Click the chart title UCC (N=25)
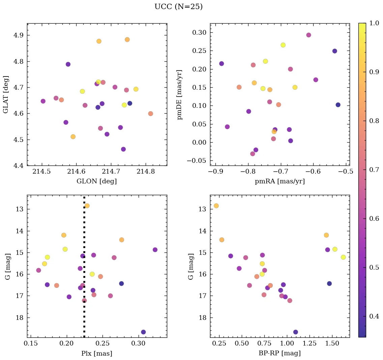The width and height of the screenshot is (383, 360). point(178,7)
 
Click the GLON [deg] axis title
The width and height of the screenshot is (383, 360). point(97,181)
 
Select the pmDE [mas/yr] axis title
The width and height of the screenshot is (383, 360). point(180,95)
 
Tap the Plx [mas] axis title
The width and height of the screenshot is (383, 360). point(97,353)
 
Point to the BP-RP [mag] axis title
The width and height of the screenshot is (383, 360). point(279,353)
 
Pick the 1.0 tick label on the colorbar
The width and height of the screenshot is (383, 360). point(374,23)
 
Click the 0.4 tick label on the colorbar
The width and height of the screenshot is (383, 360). point(374,316)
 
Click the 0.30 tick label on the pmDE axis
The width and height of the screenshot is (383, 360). point(200,33)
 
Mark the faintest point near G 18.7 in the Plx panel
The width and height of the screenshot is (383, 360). point(143,332)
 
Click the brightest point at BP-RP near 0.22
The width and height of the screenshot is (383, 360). point(216,206)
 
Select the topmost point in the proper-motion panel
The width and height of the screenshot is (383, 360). point(308,35)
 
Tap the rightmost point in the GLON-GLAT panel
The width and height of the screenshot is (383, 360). point(150,114)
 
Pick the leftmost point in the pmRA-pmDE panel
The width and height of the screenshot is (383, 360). point(222,64)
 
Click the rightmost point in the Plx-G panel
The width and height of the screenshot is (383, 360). point(155,250)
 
